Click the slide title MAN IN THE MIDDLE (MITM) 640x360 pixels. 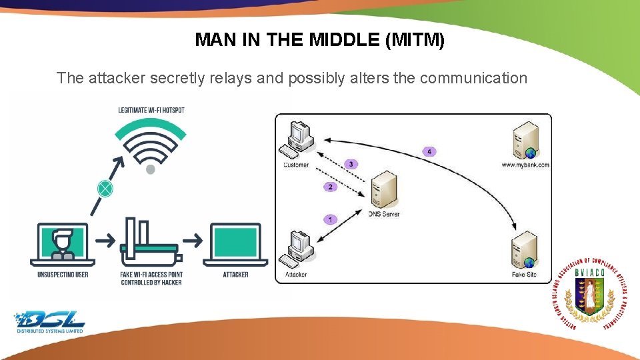point(319,40)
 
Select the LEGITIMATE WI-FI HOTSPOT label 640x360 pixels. point(151,110)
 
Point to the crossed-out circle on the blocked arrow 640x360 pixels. point(105,189)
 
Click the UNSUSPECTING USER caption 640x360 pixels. point(63,275)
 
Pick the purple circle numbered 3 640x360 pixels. point(351,164)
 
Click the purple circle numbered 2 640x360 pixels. point(331,187)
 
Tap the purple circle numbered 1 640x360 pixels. point(331,219)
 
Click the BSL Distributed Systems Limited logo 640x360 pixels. point(51,321)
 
